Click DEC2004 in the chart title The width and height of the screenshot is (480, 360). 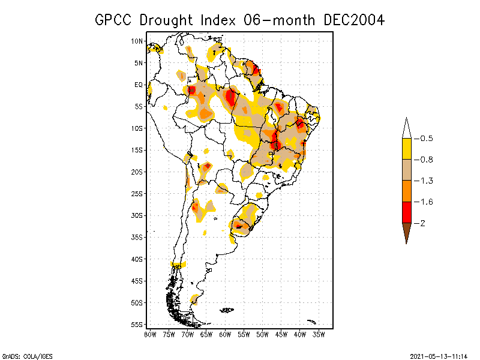point(353,20)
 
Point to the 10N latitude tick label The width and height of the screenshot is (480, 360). point(137,41)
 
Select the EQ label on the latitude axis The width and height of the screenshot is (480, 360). point(138,85)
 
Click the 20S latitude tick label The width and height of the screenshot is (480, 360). point(137,172)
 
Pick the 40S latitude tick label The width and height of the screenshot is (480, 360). point(137,259)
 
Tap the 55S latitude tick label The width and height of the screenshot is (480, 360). point(137,324)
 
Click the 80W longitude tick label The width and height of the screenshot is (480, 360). point(150,334)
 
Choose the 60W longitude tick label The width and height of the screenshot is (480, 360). point(225,334)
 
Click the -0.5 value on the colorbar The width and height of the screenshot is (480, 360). point(426,139)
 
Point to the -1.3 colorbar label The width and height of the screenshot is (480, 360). point(426,181)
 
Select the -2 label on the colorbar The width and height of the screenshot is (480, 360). point(423,223)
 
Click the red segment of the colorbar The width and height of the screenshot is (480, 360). point(406,212)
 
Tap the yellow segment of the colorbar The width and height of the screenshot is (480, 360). point(406,149)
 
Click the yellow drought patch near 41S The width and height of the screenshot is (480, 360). point(178,265)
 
